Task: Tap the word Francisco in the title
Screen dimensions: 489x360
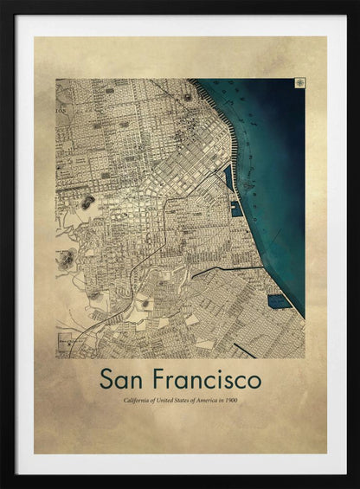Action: [x=210, y=379]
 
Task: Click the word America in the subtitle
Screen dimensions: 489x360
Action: [x=202, y=400]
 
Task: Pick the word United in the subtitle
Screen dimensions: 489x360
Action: [x=164, y=400]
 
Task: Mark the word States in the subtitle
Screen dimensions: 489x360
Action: [x=181, y=400]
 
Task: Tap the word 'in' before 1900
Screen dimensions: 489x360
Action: [x=218, y=400]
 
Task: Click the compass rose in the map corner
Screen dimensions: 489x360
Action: [x=299, y=83]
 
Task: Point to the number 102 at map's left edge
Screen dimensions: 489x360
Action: [x=61, y=112]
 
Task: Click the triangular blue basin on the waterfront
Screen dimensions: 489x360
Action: [x=228, y=177]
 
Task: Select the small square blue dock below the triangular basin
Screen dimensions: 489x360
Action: [x=235, y=209]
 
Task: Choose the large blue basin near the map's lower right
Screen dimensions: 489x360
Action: [x=278, y=301]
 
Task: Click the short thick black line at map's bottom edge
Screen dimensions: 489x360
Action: [x=244, y=350]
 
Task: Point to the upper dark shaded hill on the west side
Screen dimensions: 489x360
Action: [x=87, y=202]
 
